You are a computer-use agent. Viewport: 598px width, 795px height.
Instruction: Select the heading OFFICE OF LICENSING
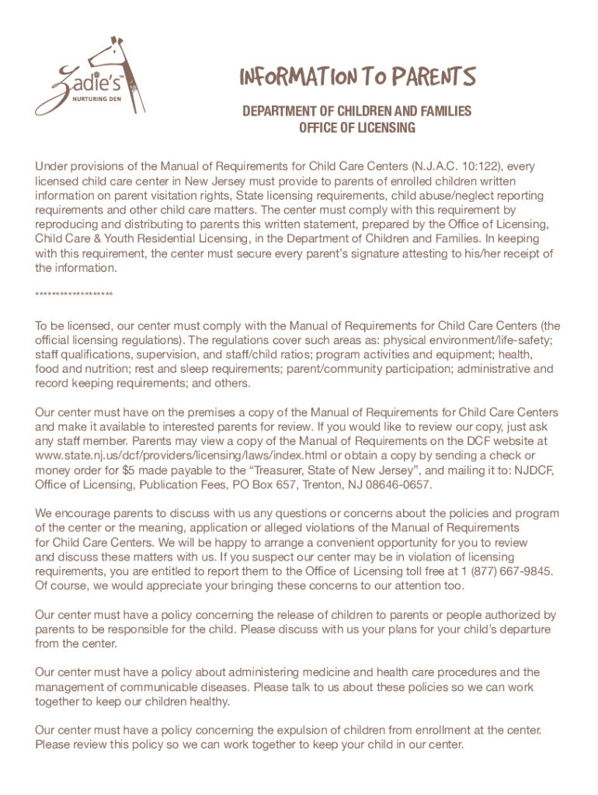pos(357,127)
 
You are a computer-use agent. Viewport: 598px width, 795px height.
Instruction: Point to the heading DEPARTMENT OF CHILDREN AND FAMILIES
pos(357,112)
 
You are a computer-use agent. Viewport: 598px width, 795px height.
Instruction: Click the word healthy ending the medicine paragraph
pos(209,702)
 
